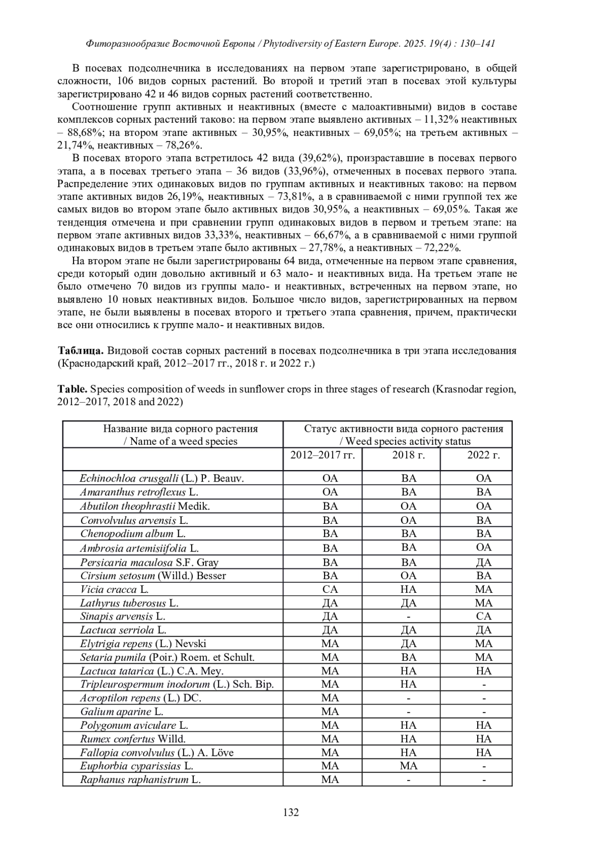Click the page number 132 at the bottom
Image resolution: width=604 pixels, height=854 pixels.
(291, 812)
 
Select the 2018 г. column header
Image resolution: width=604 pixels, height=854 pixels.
(408, 455)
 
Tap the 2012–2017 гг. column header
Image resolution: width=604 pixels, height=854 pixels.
(323, 455)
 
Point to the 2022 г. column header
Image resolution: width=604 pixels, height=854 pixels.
(483, 455)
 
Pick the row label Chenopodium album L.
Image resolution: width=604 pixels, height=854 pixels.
(133, 533)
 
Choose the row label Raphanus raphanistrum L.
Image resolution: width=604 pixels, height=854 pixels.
(140, 780)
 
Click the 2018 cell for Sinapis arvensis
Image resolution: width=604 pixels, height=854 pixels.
(409, 616)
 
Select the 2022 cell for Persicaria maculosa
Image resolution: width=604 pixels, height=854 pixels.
(484, 562)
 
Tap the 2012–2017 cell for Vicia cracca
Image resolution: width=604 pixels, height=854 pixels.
(330, 589)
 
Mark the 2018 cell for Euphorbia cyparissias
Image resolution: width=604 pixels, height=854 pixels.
(409, 766)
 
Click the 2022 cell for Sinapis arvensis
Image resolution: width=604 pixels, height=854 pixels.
(484, 616)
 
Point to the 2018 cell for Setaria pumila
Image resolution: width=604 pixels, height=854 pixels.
(409, 657)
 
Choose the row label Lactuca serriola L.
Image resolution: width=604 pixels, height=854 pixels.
(123, 630)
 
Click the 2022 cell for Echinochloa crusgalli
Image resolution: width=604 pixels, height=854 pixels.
(484, 479)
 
